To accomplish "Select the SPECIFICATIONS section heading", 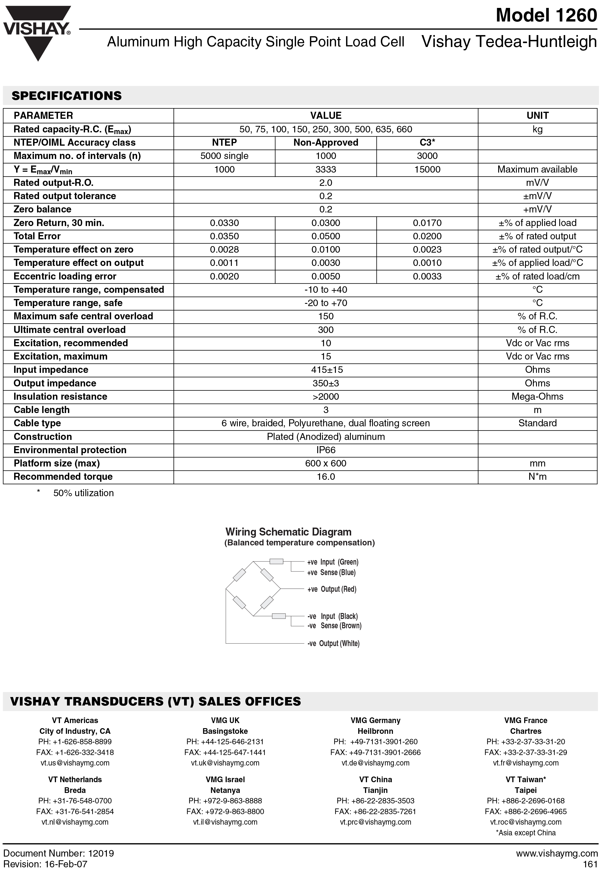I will pyautogui.click(x=67, y=96).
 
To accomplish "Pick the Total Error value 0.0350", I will pyautogui.click(x=224, y=236).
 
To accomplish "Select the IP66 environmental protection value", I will pyautogui.click(x=326, y=450).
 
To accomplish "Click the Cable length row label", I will pyautogui.click(x=42, y=410).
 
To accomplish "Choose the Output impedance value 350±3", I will pyautogui.click(x=326, y=383).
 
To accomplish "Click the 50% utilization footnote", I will pyautogui.click(x=83, y=493).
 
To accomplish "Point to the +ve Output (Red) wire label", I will pyautogui.click(x=332, y=589).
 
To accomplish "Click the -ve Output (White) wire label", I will pyautogui.click(x=333, y=643).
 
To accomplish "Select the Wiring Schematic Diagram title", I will pyautogui.click(x=288, y=532).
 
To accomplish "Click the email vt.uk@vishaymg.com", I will pyautogui.click(x=225, y=763).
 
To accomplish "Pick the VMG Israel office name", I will pyautogui.click(x=225, y=780).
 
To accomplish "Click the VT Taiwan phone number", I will pyautogui.click(x=526, y=801).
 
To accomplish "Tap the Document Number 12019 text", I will pyautogui.click(x=59, y=853).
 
